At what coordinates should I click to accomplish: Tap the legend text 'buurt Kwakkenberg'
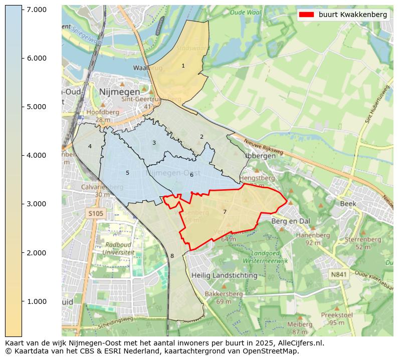click(353, 15)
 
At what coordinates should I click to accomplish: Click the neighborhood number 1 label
click(183, 66)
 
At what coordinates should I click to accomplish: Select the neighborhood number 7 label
click(225, 212)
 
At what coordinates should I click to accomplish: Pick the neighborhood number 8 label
click(172, 256)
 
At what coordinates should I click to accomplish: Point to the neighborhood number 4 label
click(90, 146)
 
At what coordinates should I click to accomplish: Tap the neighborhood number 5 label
click(127, 173)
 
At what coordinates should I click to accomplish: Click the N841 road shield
click(339, 274)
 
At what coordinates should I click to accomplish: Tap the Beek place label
click(348, 204)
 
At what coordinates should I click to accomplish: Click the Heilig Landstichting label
click(224, 275)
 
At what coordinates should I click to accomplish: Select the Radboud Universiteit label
click(118, 249)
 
